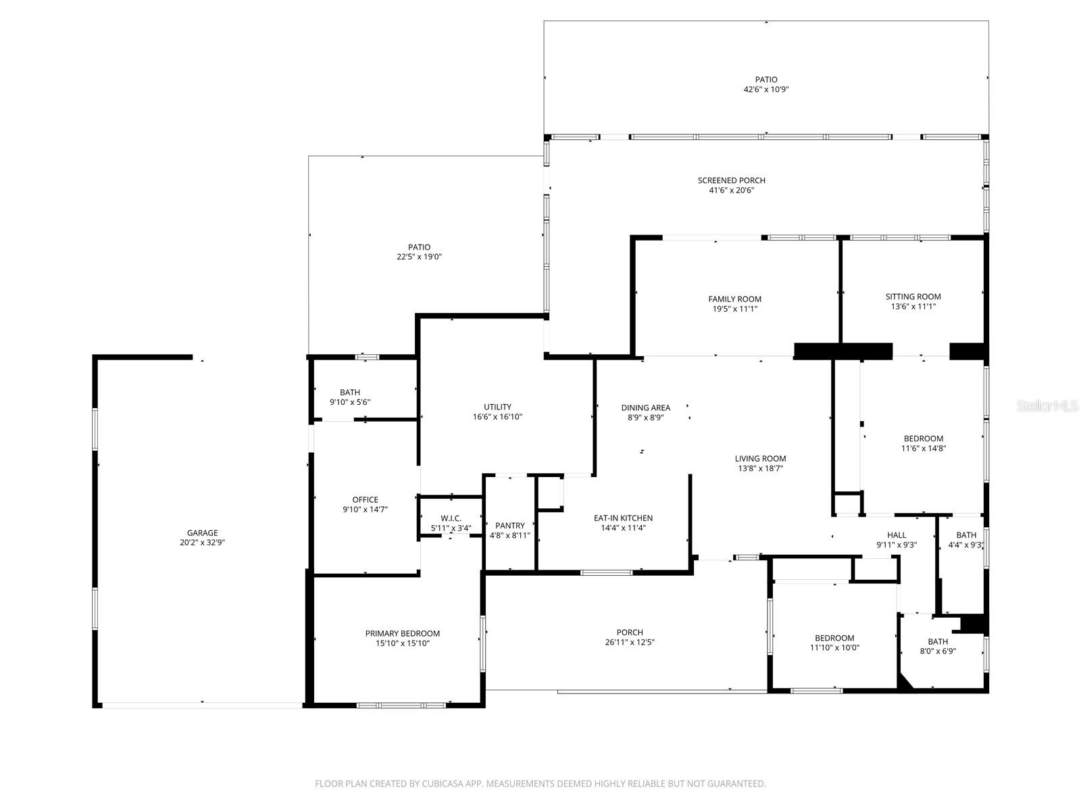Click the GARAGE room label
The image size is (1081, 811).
202,533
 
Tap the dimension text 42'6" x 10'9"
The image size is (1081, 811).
766,89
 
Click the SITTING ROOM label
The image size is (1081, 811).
913,296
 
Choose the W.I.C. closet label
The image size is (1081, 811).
451,518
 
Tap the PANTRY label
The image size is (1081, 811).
509,525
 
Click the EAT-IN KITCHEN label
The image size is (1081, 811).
623,518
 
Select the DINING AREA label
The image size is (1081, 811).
645,408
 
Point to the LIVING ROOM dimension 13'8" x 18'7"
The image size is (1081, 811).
760,468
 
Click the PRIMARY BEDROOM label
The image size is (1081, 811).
402,633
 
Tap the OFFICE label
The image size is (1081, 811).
365,500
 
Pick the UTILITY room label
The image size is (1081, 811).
497,407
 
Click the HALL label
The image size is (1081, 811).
897,535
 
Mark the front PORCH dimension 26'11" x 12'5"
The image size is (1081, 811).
630,643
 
